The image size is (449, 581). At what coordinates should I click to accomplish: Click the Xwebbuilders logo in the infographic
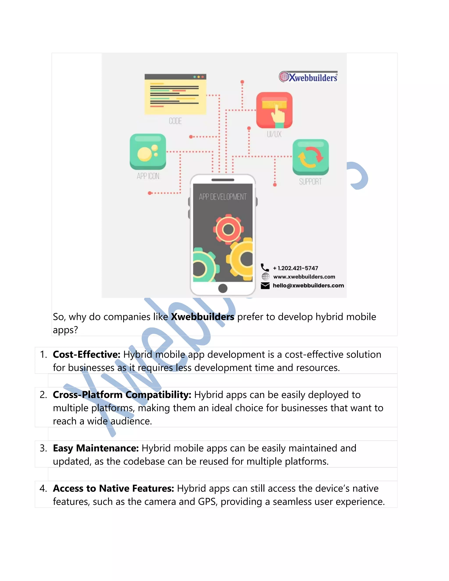[x=308, y=77]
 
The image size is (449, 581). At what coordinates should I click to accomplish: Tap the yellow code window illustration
[x=175, y=94]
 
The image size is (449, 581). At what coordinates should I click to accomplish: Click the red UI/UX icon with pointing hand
[x=274, y=110]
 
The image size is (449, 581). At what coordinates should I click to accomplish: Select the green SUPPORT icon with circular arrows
[x=310, y=157]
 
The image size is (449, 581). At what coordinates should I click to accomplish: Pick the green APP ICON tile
[x=148, y=151]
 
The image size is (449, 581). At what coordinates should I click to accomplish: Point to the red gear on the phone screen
[x=228, y=229]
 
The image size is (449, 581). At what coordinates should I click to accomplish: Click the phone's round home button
[x=223, y=288]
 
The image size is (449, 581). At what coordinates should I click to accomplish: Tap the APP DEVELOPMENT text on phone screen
[x=223, y=197]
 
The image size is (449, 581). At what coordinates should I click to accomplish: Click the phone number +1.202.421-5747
[x=295, y=268]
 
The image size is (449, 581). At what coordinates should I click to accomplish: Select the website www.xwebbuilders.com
[x=304, y=277]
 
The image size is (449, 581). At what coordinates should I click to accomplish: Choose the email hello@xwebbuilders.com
[x=308, y=285]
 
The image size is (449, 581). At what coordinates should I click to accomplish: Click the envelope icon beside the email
[x=265, y=286]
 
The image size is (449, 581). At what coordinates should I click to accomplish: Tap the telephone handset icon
[x=265, y=267]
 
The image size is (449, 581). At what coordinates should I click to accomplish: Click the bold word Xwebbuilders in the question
[x=202, y=317]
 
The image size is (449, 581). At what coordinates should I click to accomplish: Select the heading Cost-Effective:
[x=87, y=355]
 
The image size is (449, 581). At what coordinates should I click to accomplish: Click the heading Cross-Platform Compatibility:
[x=122, y=395]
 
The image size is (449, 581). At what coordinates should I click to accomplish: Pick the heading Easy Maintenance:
[x=96, y=448]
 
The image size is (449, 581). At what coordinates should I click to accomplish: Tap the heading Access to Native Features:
[x=114, y=488]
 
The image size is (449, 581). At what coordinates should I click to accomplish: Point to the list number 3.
[x=43, y=449]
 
